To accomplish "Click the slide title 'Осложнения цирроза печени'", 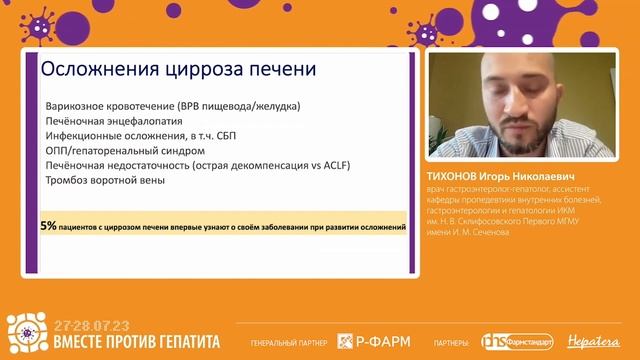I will pyautogui.click(x=177, y=71).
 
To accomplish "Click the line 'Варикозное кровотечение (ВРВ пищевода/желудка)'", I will pyautogui.click(x=173, y=106).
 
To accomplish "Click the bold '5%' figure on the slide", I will pyautogui.click(x=49, y=227).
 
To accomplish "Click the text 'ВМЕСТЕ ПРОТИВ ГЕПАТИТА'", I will pyautogui.click(x=136, y=341).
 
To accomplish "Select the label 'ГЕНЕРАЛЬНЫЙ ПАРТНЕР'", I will pyautogui.click(x=290, y=342).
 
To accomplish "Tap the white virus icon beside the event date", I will pyautogui.click(x=27, y=334).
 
